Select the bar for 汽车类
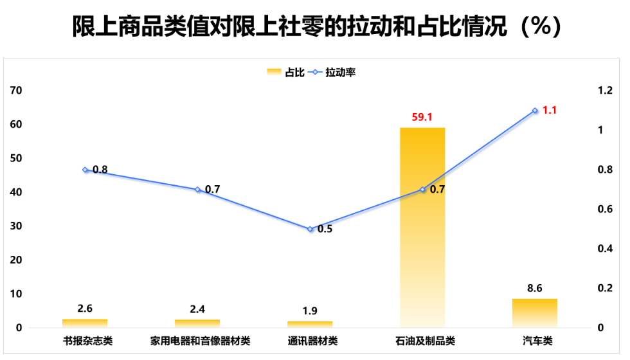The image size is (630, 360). [535, 312]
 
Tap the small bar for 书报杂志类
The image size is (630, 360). [85, 323]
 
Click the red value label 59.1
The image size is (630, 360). [422, 117]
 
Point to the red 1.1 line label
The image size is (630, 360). [550, 110]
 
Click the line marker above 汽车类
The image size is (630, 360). [535, 111]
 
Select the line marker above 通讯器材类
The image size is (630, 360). [310, 229]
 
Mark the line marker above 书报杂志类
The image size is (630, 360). [85, 170]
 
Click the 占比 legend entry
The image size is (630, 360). [287, 73]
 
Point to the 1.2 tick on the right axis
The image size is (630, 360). [606, 91]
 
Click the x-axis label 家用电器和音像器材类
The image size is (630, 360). [197, 340]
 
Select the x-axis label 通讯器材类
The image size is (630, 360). [310, 340]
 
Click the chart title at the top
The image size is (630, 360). [316, 27]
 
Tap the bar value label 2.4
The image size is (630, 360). [197, 309]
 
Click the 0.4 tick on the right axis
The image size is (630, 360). [606, 249]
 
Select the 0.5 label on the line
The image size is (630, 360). [325, 229]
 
